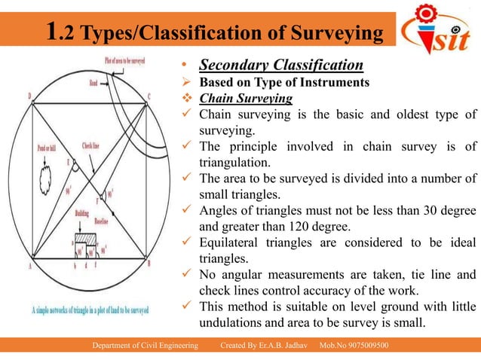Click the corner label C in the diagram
pos(149,96)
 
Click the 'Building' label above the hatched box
pos(82,215)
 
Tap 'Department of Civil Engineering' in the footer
pos(146,345)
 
